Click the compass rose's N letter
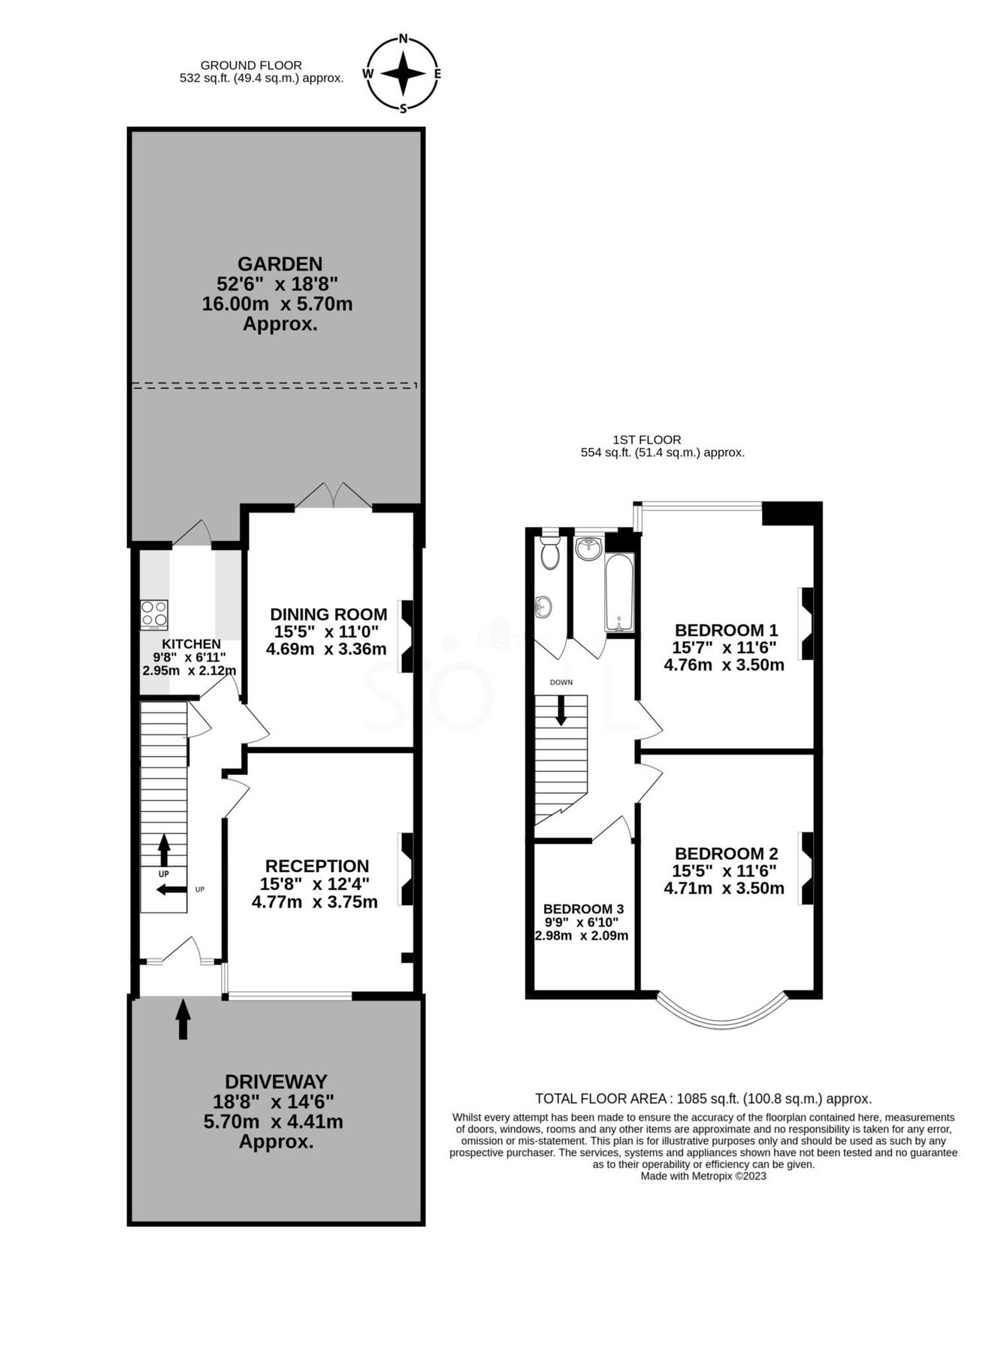[x=403, y=39]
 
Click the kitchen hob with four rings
[x=155, y=612]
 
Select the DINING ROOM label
[x=328, y=614]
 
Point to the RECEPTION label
[x=316, y=866]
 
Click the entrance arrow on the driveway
[x=183, y=1019]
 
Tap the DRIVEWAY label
[x=276, y=1082]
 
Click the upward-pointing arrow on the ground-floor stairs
[x=164, y=850]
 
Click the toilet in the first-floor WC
[x=550, y=552]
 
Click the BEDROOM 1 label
[x=725, y=630]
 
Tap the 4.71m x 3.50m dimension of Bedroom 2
[x=724, y=888]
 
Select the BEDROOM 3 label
[x=583, y=909]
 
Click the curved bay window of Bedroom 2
[x=721, y=1019]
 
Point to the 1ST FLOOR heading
[x=646, y=440]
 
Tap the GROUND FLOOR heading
[x=251, y=65]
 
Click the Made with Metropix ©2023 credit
[x=703, y=1176]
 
